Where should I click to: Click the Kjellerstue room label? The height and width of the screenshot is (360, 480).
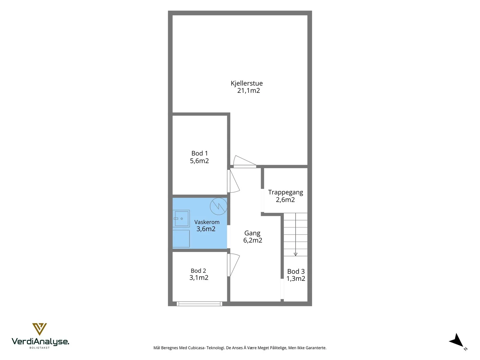[x=247, y=83]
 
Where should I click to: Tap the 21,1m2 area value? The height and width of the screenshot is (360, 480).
[x=248, y=91]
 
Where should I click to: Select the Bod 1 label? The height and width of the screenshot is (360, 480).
[x=199, y=153]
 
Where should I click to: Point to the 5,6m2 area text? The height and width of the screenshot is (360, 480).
[x=199, y=161]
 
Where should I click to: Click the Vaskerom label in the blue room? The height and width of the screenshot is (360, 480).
[x=207, y=222]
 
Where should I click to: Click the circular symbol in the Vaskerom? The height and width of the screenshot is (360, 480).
[x=218, y=206]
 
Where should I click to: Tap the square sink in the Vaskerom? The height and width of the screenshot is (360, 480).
[x=181, y=219]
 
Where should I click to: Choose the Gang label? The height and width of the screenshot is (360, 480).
[x=252, y=233]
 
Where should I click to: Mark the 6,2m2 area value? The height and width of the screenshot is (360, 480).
[x=253, y=240]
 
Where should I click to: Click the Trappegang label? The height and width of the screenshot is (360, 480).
[x=285, y=192]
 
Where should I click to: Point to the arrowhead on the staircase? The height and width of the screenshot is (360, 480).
[x=295, y=254]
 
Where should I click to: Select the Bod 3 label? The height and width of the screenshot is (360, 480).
[x=296, y=271]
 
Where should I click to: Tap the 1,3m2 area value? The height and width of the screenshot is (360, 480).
[x=296, y=278]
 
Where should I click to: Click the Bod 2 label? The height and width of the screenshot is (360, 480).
[x=198, y=271]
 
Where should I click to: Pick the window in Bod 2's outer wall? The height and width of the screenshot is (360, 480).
[x=199, y=304]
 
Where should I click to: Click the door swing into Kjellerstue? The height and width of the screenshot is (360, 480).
[x=245, y=161]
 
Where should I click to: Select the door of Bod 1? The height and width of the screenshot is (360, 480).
[x=233, y=181]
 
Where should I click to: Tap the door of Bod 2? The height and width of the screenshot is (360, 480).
[x=233, y=265]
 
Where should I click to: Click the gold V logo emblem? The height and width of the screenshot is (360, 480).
[x=39, y=329]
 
